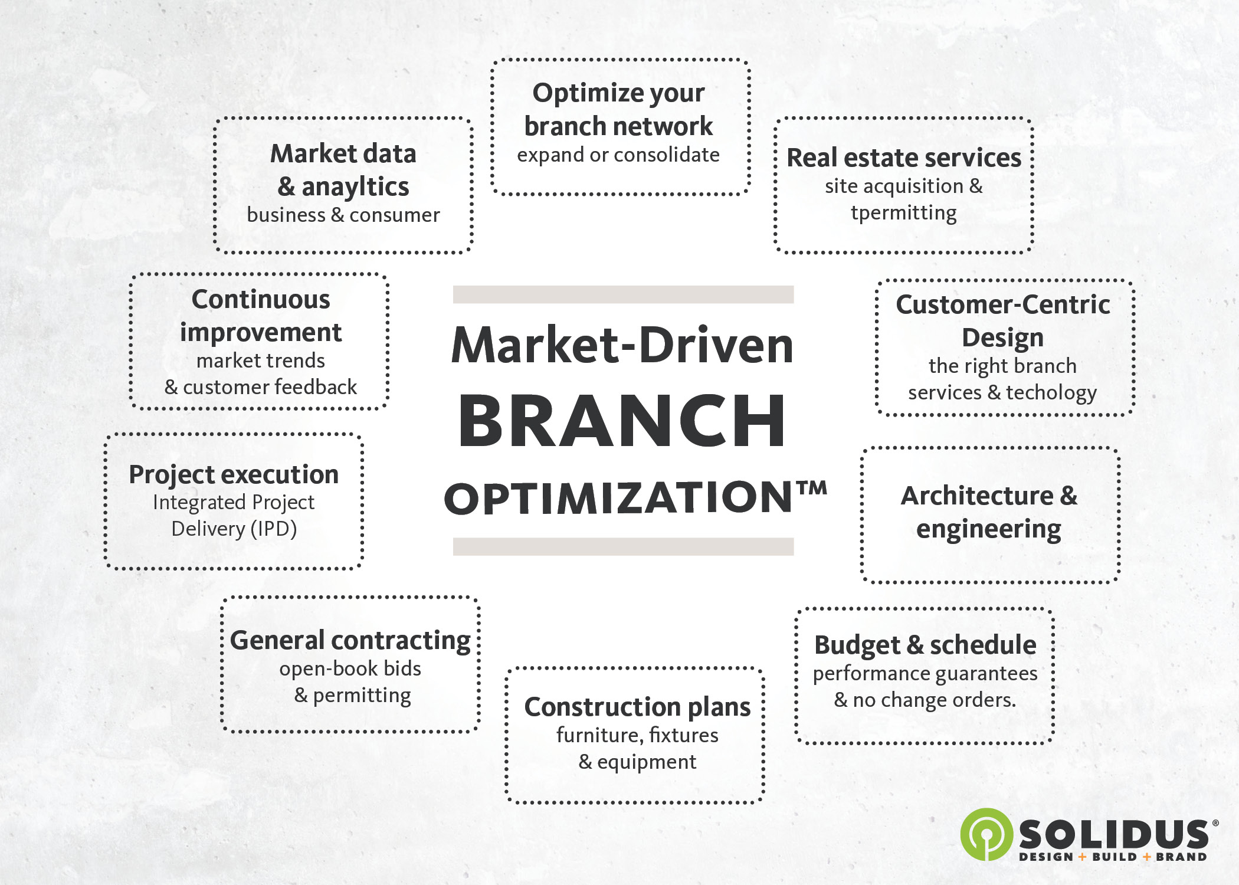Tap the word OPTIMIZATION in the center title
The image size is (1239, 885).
point(618,497)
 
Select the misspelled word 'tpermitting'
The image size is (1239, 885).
point(903,213)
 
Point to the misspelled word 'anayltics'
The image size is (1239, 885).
point(355,187)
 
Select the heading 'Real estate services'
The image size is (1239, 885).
point(904,158)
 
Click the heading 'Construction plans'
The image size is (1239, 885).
point(637,707)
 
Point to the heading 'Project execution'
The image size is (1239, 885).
point(234,475)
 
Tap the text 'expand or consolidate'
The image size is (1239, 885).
point(618,155)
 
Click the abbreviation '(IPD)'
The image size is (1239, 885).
point(273,529)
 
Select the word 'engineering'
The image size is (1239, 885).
point(988,530)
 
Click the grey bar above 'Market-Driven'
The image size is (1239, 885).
point(623,294)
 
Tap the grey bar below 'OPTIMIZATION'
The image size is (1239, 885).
point(623,546)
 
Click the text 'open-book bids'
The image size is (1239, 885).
point(350,669)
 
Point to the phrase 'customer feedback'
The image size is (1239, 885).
point(270,388)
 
